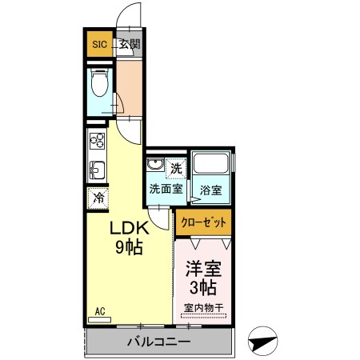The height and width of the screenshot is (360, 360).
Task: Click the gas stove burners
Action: [x=97, y=142]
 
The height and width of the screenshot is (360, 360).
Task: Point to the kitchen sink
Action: [x=97, y=170]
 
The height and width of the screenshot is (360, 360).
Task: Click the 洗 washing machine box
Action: [x=177, y=168]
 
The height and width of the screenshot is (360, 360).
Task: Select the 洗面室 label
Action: [x=166, y=190]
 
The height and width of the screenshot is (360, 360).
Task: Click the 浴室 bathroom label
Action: [x=210, y=190]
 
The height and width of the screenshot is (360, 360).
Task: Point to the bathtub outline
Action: [x=212, y=166]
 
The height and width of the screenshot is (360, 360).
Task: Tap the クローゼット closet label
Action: [x=204, y=222]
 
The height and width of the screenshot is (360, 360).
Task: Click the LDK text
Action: [x=126, y=229]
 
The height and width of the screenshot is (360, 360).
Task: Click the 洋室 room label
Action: [x=203, y=270]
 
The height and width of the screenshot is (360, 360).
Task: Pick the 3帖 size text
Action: [x=203, y=287]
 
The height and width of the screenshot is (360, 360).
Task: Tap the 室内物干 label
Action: [x=203, y=308]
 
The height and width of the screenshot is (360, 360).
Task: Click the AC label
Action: [x=101, y=311]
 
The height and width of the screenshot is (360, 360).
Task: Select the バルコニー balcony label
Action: [x=158, y=342]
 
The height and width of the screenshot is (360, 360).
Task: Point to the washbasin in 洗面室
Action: [x=155, y=167]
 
